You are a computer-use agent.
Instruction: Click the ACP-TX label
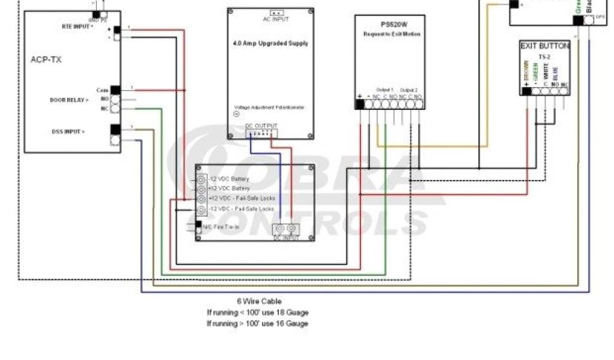click(46, 59)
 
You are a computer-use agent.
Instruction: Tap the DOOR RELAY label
click(69, 100)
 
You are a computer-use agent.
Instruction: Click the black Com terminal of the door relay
click(115, 91)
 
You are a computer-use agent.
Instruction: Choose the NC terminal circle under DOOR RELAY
click(115, 109)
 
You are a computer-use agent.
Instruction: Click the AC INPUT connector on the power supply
click(276, 13)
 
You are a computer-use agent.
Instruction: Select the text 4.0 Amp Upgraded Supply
click(270, 44)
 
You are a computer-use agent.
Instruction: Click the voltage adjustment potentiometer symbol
click(236, 114)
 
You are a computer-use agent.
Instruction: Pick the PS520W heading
click(389, 25)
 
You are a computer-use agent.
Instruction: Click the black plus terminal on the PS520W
click(360, 104)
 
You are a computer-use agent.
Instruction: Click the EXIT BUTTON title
click(544, 46)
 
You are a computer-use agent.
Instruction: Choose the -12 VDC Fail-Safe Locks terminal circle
click(201, 209)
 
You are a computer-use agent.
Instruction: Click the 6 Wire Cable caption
click(258, 301)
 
